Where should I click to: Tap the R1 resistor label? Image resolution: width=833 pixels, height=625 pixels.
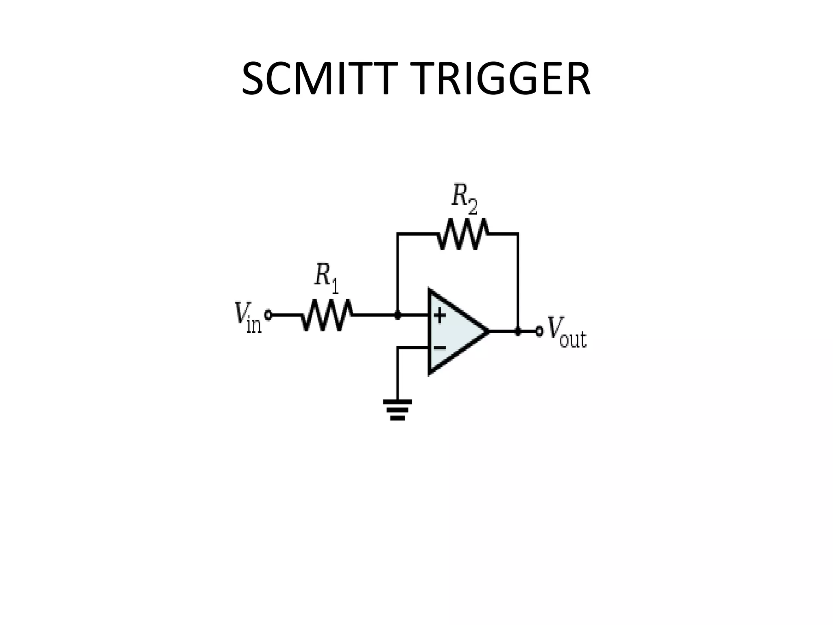(326, 278)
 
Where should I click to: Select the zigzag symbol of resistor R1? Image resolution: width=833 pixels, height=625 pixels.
(327, 315)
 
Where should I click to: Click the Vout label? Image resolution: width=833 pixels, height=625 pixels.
(567, 334)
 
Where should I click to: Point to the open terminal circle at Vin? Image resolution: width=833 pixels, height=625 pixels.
(268, 315)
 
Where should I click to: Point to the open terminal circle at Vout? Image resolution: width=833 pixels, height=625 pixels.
(539, 331)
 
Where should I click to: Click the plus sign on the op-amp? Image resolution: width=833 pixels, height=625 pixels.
(440, 315)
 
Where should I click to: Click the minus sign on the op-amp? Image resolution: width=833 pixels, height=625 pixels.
(440, 347)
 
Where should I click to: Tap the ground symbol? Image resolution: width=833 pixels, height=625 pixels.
(397, 409)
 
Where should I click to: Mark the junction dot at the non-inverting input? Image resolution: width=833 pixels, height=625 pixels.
(398, 315)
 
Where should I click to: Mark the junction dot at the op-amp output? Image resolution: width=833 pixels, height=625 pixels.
(518, 331)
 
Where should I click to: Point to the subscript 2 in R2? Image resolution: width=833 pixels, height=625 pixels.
(472, 208)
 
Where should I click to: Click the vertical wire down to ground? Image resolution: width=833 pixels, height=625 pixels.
(397, 374)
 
